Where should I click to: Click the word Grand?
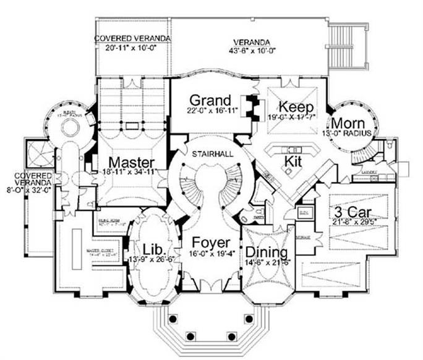coord(210,100)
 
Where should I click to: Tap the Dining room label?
coord(265,252)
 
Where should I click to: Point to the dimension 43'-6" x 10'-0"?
coord(247,51)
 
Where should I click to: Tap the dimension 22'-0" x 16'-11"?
coord(210,113)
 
